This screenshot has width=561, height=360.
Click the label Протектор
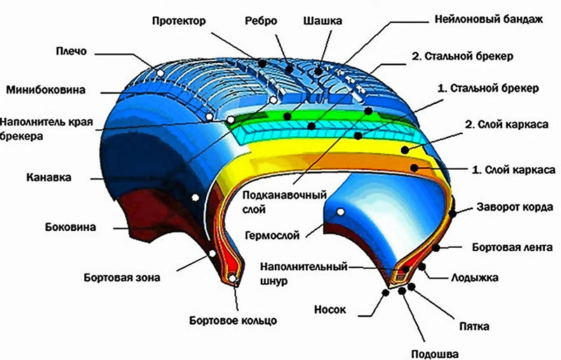(x=179, y=21)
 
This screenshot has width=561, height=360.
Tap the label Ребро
(x=261, y=21)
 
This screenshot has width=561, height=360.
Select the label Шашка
(x=323, y=21)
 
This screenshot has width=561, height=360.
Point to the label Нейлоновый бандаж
(x=489, y=19)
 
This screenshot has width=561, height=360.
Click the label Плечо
(x=72, y=51)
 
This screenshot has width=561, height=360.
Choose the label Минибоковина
(x=46, y=90)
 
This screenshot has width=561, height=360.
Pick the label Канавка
(x=48, y=178)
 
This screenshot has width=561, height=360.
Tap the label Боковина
(x=71, y=227)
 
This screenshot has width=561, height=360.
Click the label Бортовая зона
(x=122, y=278)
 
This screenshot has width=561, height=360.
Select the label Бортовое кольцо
(x=233, y=320)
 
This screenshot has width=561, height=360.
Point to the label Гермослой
(x=272, y=236)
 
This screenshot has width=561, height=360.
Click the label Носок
(x=330, y=309)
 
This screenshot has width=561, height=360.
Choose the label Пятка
(x=475, y=327)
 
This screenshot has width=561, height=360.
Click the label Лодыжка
(x=475, y=278)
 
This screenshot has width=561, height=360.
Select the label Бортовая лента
(x=513, y=248)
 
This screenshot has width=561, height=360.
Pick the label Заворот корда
(x=515, y=208)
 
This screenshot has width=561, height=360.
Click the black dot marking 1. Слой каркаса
(x=414, y=168)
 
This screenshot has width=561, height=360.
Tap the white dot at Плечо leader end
(x=161, y=73)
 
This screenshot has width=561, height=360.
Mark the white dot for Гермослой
(x=341, y=212)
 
